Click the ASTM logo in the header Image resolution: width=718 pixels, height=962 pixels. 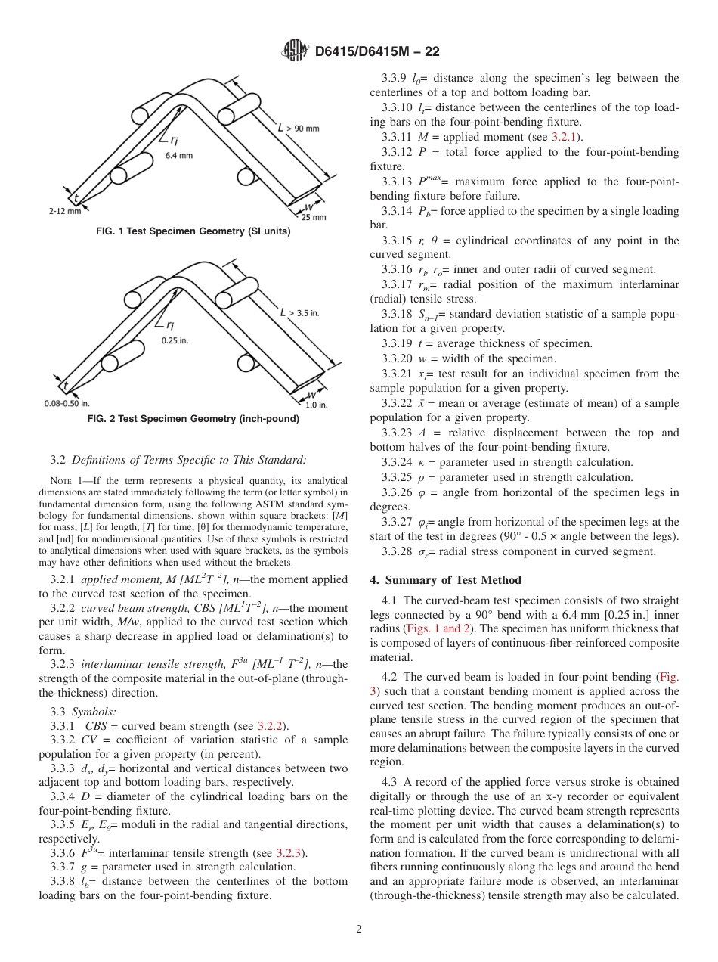click(295, 51)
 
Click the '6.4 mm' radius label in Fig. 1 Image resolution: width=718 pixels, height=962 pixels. click(179, 155)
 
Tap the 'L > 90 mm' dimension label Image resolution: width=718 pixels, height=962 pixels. click(299, 128)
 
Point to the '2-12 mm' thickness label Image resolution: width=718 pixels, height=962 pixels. click(64, 212)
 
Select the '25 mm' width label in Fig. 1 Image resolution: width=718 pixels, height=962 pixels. click(314, 217)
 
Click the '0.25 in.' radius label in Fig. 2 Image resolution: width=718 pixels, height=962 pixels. click(175, 340)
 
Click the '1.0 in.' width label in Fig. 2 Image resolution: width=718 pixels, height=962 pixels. click(316, 405)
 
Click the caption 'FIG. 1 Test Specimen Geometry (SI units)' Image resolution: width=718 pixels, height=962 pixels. click(193, 231)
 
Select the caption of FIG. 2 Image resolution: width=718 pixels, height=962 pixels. click(193, 419)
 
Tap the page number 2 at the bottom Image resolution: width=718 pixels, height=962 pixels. click(359, 929)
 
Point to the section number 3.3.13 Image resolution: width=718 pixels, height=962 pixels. click(398, 182)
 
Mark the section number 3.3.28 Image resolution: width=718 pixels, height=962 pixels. click(398, 551)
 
